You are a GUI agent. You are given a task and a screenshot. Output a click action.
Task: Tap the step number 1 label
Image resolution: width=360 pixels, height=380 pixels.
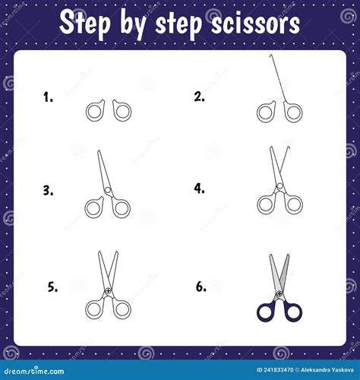pyautogui.click(x=49, y=97)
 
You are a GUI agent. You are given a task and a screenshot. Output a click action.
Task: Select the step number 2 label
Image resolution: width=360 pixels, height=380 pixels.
pyautogui.click(x=200, y=97)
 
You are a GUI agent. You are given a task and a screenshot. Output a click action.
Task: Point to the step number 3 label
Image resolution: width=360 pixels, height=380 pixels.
pyautogui.click(x=49, y=191)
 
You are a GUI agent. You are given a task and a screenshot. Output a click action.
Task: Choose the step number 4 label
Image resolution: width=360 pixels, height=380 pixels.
pyautogui.click(x=200, y=188)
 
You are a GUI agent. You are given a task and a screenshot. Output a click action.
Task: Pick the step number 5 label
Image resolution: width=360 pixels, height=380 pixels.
pyautogui.click(x=52, y=287)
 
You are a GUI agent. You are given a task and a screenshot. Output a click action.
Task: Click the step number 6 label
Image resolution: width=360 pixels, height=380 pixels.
pyautogui.click(x=201, y=287)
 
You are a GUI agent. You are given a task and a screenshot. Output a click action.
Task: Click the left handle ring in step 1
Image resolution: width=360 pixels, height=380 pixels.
pyautogui.click(x=95, y=111)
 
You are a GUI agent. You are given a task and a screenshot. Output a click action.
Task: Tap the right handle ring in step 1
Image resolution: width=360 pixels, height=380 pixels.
pyautogui.click(x=122, y=111)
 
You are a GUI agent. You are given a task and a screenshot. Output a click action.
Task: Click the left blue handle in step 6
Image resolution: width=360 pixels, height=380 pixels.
pyautogui.click(x=267, y=310)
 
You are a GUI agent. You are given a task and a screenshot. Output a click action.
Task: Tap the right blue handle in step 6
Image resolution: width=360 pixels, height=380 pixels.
pyautogui.click(x=293, y=310)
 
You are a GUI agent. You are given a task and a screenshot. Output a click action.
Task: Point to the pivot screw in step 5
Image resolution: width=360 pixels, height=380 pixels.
pyautogui.click(x=109, y=291)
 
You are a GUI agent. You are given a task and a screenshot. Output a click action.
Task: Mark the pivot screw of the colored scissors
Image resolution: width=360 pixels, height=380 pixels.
pyautogui.click(x=279, y=292)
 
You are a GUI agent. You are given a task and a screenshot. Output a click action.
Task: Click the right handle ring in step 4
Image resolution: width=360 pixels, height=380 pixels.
pyautogui.click(x=293, y=204)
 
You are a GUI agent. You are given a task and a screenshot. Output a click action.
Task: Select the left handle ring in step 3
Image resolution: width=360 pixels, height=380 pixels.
pyautogui.click(x=95, y=207)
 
